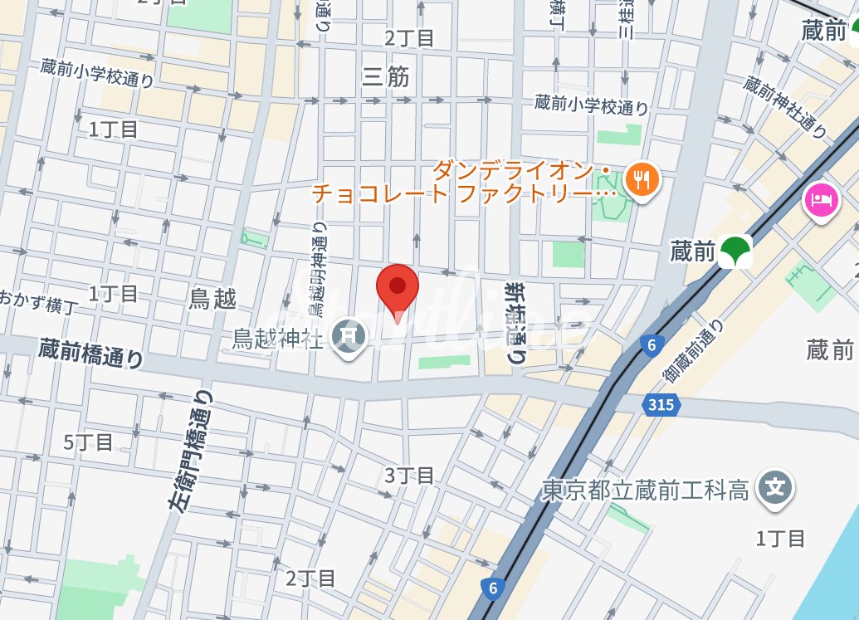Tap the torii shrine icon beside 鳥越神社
tap(349, 336)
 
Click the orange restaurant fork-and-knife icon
tap(640, 178)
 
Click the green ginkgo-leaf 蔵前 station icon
tap(735, 251)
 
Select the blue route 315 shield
tap(661, 404)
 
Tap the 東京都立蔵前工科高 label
tap(645, 491)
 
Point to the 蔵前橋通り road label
tap(90, 354)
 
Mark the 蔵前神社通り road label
tap(785, 107)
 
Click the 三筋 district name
tap(386, 77)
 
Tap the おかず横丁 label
tap(40, 301)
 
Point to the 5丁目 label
tap(88, 442)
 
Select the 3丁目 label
tap(409, 476)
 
